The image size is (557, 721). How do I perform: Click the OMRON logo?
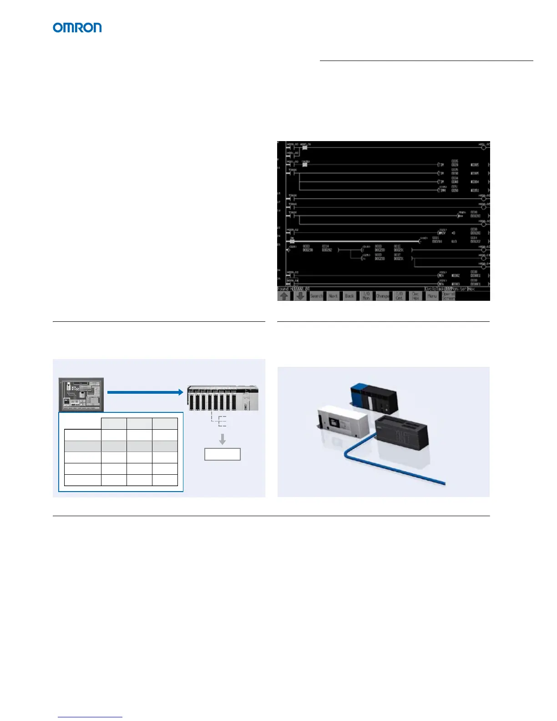pyautogui.click(x=77, y=28)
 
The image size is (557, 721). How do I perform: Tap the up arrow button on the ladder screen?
pyautogui.click(x=284, y=296)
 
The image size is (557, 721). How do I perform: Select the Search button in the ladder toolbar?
pyautogui.click(x=316, y=296)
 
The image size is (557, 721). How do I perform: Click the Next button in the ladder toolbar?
pyautogui.click(x=333, y=296)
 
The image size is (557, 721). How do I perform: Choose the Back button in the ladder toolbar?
pyautogui.click(x=349, y=296)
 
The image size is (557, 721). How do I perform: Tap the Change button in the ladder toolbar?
pyautogui.click(x=382, y=296)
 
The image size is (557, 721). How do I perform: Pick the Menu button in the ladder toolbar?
pyautogui.click(x=432, y=296)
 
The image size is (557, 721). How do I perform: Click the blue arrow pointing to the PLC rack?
pyautogui.click(x=145, y=392)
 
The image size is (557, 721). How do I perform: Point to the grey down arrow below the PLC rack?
pyautogui.click(x=222, y=439)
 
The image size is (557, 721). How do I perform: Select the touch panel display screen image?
pyautogui.click(x=81, y=394)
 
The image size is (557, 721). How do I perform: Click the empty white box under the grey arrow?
pyautogui.click(x=222, y=454)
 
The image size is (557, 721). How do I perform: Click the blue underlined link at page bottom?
pyautogui.click(x=91, y=717)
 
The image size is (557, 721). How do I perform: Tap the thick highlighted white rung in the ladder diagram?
pyautogui.click(x=355, y=241)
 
